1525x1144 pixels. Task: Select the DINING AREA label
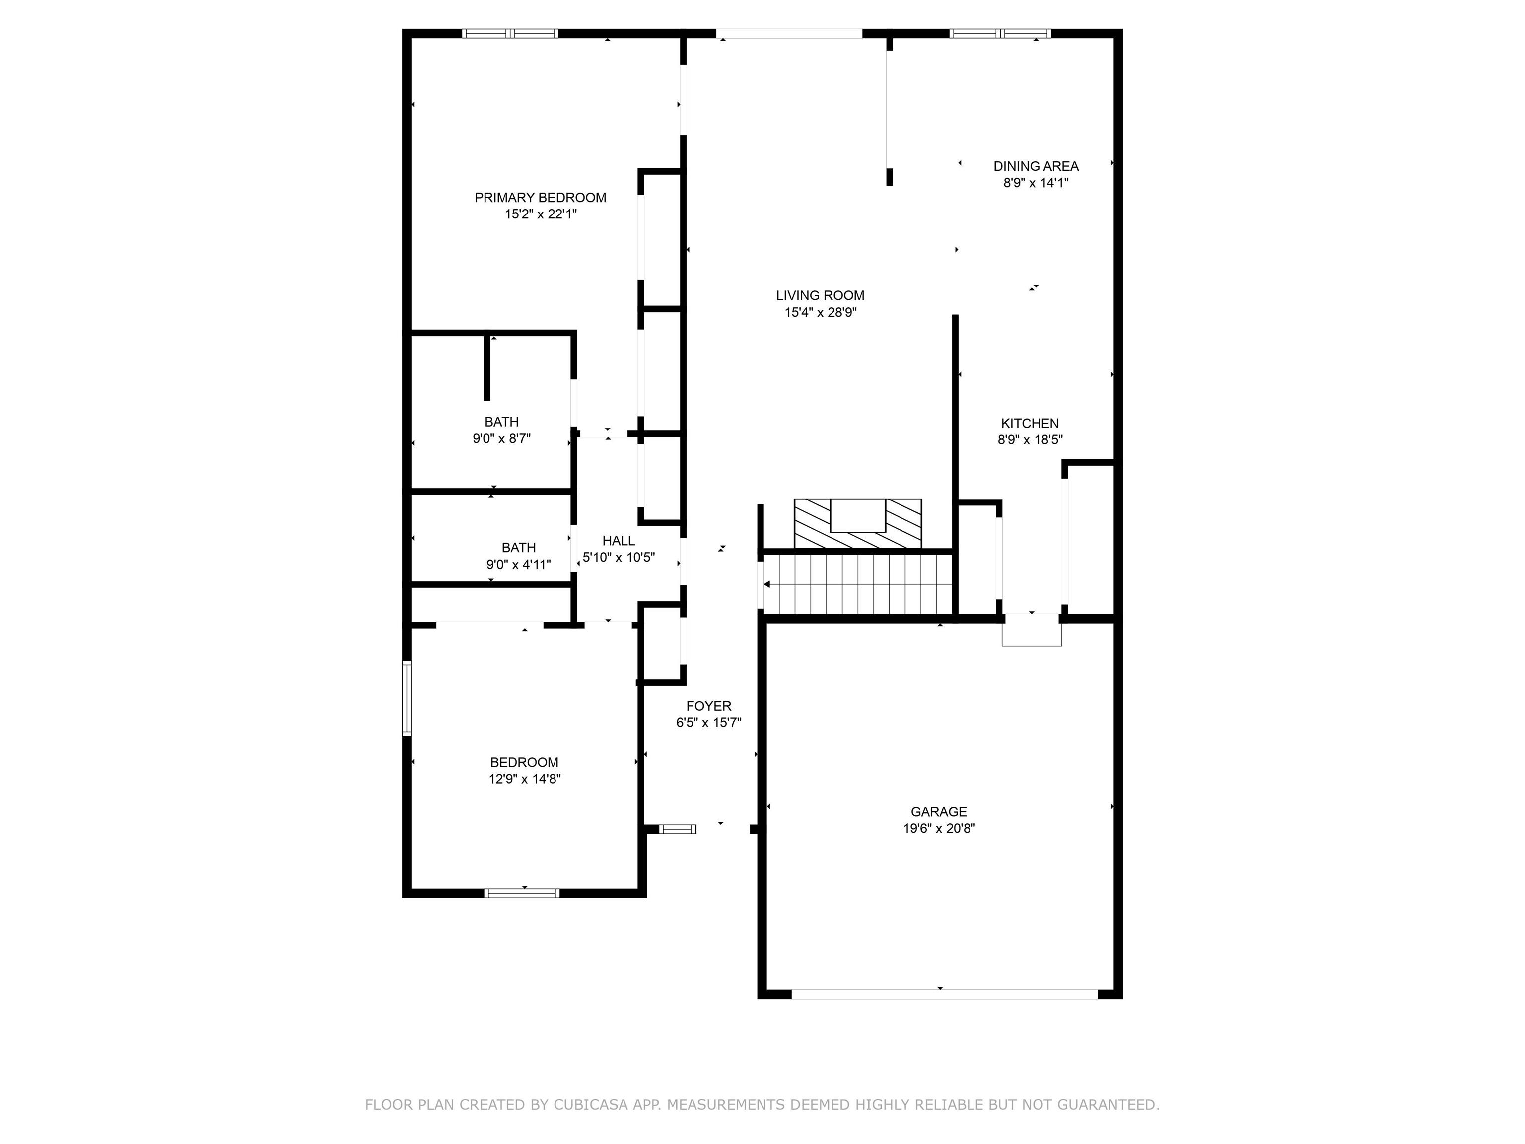1036,166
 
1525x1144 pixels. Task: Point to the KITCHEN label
1029,424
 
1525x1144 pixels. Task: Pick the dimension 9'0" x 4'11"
518,564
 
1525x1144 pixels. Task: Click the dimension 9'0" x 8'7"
501,438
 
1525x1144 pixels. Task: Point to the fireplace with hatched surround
858,523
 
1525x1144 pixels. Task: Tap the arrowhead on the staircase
766,584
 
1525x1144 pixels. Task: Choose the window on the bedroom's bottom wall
521,893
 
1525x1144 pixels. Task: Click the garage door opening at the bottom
944,994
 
